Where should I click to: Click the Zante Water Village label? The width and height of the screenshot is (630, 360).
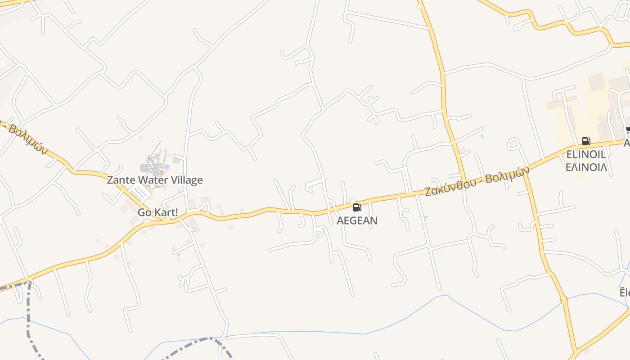pyautogui.click(x=155, y=180)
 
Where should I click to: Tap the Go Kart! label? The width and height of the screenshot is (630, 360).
pyautogui.click(x=158, y=212)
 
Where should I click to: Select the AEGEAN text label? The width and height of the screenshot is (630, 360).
pyautogui.click(x=357, y=220)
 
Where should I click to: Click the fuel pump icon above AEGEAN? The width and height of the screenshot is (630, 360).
pyautogui.click(x=357, y=207)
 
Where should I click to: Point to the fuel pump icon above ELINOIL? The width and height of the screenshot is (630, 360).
pyautogui.click(x=585, y=141)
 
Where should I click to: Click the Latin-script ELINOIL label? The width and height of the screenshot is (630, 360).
pyautogui.click(x=586, y=154)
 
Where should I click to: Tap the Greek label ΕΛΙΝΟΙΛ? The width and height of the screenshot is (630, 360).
pyautogui.click(x=586, y=167)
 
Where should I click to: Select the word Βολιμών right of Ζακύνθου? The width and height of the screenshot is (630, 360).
pyautogui.click(x=508, y=175)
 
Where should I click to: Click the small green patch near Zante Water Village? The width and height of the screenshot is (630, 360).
pyautogui.click(x=176, y=160)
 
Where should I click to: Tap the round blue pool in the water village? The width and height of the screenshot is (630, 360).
pyautogui.click(x=144, y=168)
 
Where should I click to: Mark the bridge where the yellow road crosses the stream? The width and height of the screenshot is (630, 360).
pyautogui.click(x=563, y=299)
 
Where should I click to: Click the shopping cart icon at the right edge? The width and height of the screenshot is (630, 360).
pyautogui.click(x=628, y=131)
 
